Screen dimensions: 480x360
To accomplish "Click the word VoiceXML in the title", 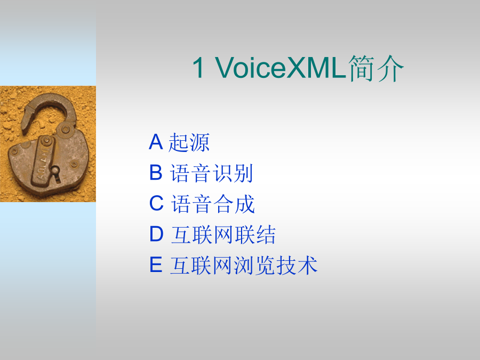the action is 281,68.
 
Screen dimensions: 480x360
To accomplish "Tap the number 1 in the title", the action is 198,68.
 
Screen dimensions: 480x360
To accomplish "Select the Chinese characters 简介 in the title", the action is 376,68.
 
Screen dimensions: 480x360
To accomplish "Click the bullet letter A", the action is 156,142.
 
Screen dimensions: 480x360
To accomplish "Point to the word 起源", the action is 189,142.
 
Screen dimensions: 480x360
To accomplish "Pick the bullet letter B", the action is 156,172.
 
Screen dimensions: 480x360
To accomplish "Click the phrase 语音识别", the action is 211,173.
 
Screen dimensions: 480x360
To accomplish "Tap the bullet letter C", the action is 156,203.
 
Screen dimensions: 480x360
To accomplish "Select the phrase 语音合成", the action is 213,204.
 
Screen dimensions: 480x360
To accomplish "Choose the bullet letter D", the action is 156,234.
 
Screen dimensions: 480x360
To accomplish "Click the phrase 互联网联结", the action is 223,235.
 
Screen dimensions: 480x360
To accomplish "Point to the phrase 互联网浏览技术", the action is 244,265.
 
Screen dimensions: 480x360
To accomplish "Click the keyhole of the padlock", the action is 55,171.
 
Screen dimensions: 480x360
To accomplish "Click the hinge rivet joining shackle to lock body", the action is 65,130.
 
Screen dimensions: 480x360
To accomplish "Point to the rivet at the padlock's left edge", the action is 14,151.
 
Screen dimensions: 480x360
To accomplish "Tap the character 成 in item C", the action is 245,204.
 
